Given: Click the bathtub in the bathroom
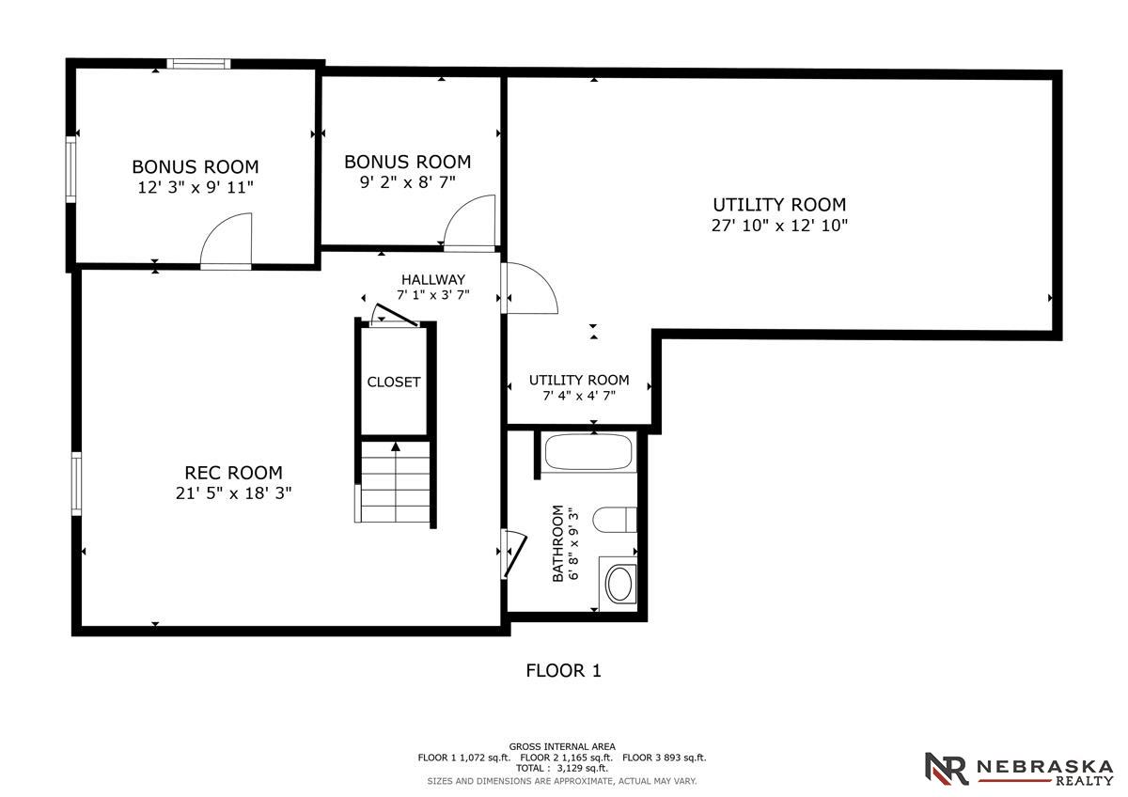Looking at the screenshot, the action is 588,451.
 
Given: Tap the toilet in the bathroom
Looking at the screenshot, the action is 615,520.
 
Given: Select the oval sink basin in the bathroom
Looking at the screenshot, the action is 619,583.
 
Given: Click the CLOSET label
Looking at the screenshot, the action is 393,383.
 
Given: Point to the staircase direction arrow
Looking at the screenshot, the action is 396,446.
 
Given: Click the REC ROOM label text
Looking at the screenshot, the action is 234,473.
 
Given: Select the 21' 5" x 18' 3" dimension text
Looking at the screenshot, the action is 234,492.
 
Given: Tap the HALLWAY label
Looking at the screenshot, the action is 433,279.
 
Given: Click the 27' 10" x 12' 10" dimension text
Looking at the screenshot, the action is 779,225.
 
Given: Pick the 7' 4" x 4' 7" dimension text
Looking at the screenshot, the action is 579,396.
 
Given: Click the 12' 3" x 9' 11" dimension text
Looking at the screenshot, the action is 196,187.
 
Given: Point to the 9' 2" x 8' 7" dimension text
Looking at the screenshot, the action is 407,181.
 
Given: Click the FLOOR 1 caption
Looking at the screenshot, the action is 563,671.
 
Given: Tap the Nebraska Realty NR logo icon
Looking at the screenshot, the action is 947,768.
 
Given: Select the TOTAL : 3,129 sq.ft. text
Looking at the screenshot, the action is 562,768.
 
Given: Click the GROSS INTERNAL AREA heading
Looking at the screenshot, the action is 562,746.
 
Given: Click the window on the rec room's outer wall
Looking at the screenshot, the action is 76,484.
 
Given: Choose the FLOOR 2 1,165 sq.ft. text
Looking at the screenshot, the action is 567,758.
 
